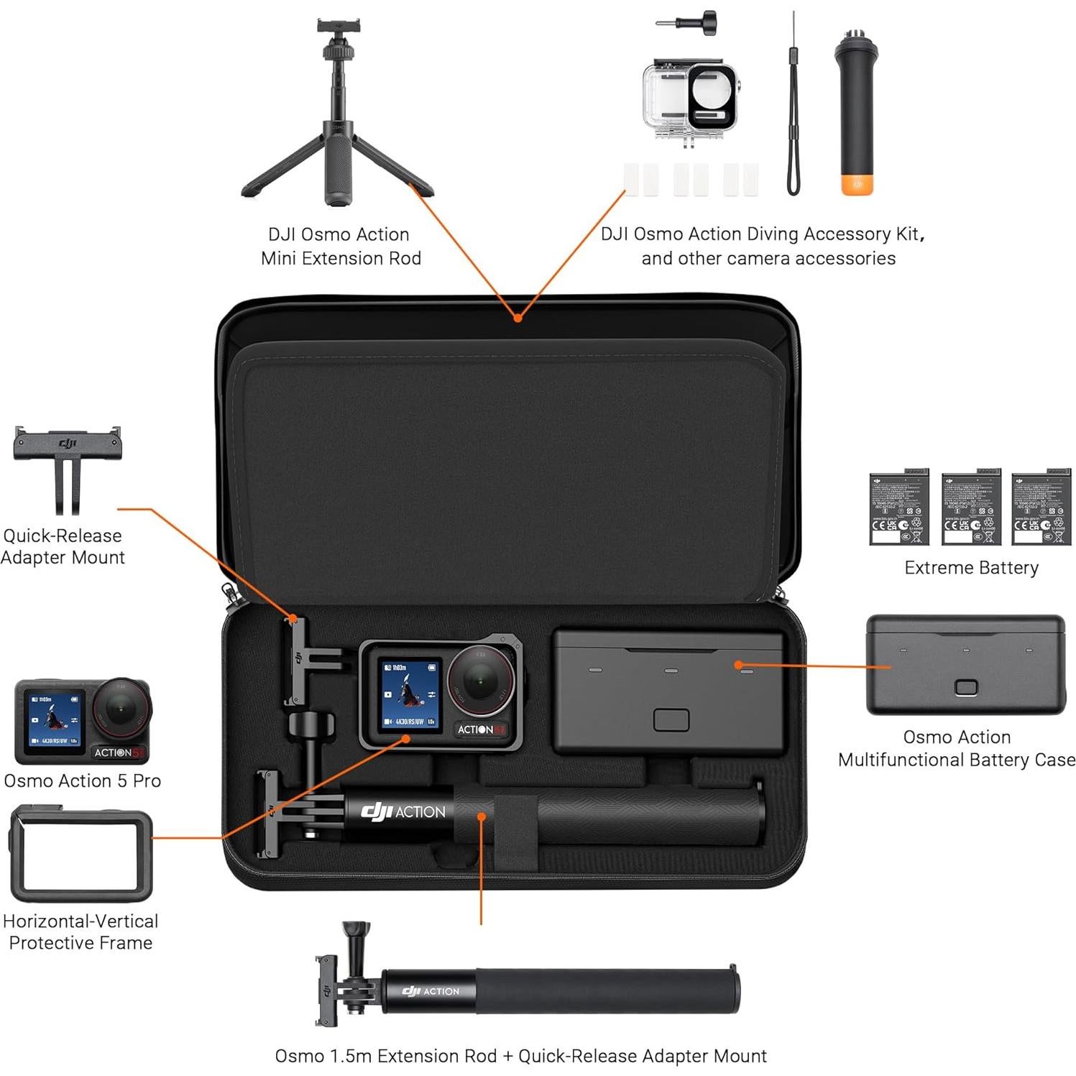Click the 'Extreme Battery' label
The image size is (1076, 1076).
pos(971,568)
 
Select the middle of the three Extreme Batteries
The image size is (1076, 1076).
pos(971,508)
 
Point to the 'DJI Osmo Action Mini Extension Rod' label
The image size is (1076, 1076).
pos(340,246)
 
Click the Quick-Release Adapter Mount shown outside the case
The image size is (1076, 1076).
pos(67,467)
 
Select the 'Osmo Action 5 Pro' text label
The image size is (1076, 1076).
pos(82,781)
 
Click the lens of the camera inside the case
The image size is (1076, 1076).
pos(480,679)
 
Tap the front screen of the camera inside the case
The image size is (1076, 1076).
pos(410,694)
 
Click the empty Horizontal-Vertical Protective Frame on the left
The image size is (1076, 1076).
pos(80,853)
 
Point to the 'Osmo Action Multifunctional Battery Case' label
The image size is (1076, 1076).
pos(956,748)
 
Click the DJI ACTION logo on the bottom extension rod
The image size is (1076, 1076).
pos(430,991)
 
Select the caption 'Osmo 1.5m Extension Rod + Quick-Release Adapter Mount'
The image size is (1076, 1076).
pos(520,1056)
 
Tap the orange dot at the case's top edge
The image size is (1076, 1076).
pos(517,318)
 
